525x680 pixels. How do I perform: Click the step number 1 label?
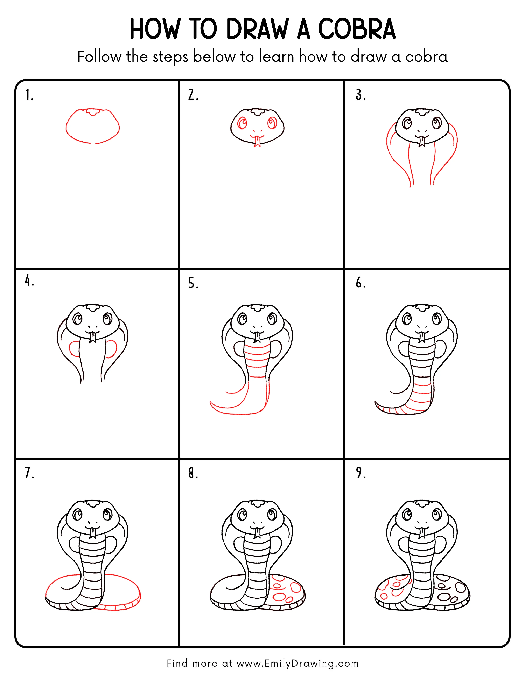[x=29, y=95]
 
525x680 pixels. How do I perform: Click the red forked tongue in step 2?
[x=257, y=142]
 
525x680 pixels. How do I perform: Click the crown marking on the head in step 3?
[x=422, y=112]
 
